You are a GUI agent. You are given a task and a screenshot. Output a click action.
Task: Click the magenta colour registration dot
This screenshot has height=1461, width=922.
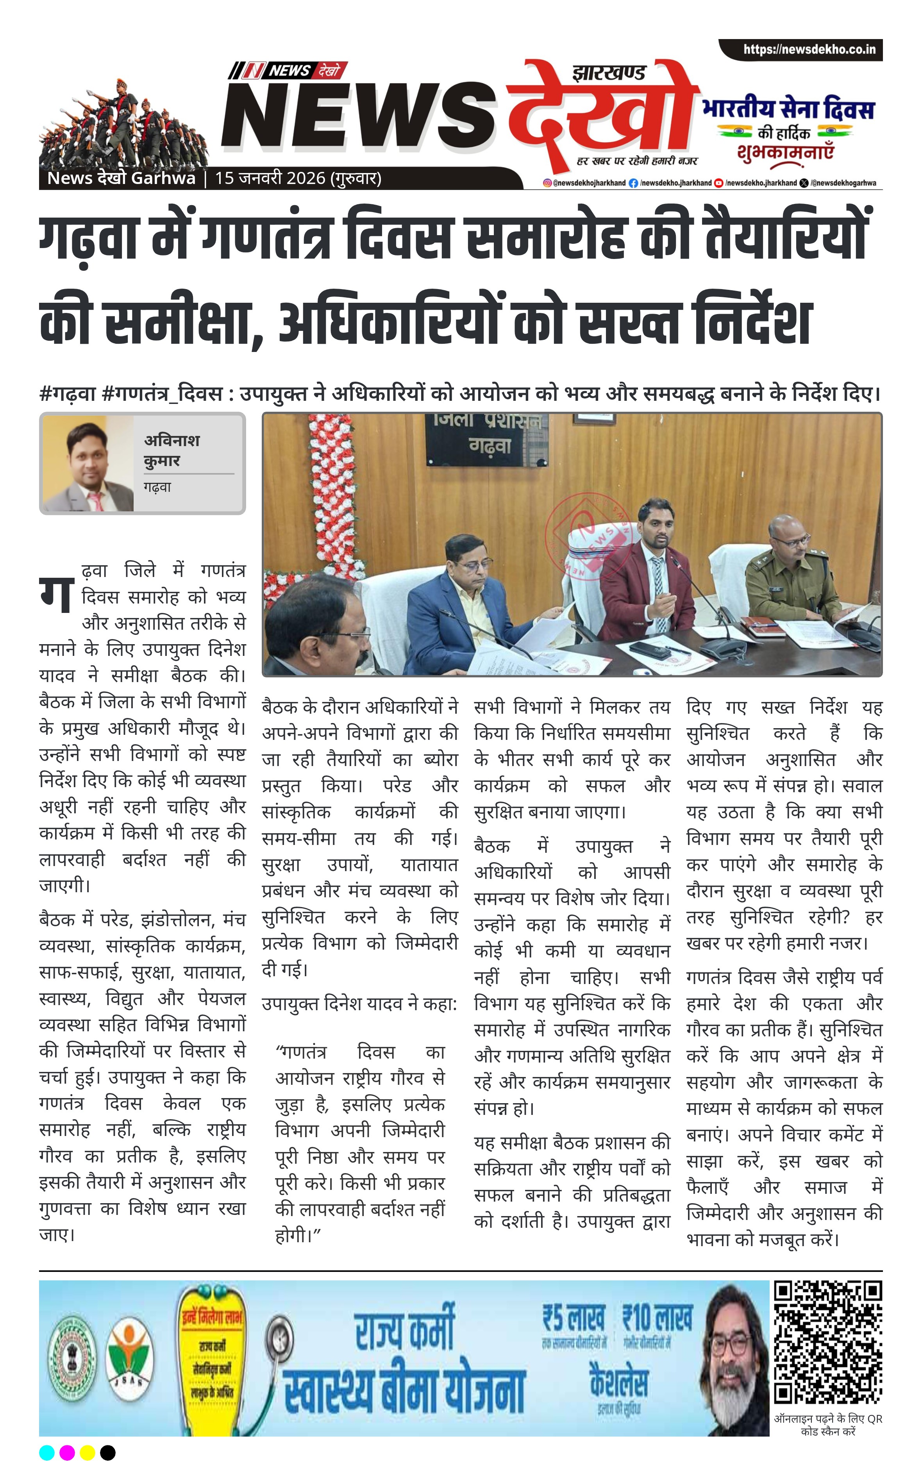[x=67, y=1452]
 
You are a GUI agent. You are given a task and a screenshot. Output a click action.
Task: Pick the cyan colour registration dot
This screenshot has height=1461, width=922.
[x=47, y=1452]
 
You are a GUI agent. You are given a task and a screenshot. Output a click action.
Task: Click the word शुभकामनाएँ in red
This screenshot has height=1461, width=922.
[x=785, y=152]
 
